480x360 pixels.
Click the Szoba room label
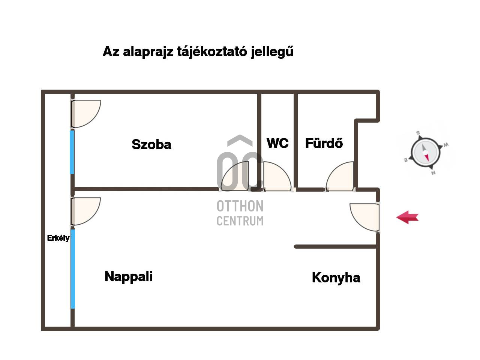coord(151,144)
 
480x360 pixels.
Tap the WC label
coord(277,143)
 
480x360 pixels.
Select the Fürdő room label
coord(324,143)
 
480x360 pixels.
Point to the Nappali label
coord(129,276)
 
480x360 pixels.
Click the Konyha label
coord(336,277)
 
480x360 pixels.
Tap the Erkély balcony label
coord(58,238)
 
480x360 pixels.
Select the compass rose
coord(425,153)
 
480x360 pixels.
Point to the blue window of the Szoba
coord(72,151)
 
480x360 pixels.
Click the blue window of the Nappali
coord(73,269)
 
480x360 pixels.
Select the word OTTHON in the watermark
coord(240,206)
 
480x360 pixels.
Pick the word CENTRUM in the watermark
coord(240,221)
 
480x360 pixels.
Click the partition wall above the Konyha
coord(336,246)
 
